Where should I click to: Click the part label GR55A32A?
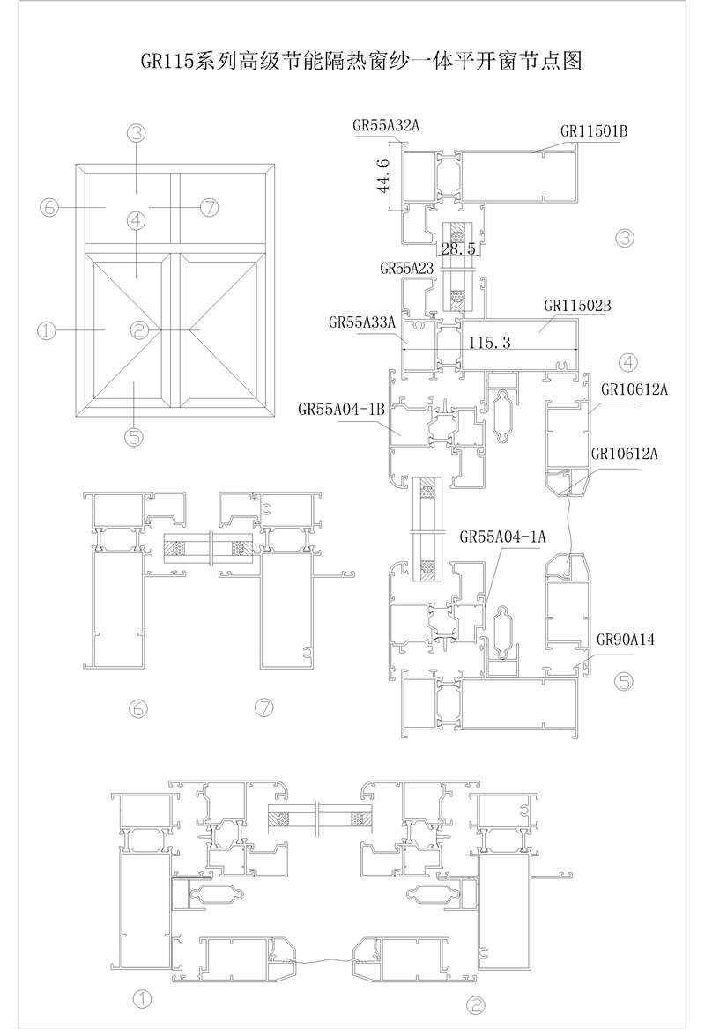[386, 126]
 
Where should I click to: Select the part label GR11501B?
[594, 131]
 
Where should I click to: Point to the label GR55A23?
[407, 266]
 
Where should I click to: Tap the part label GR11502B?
[578, 306]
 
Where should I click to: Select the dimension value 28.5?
[458, 249]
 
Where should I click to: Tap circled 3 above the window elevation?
[136, 133]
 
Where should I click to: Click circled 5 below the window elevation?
[134, 434]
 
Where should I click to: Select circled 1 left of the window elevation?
[47, 330]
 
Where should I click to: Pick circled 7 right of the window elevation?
[209, 208]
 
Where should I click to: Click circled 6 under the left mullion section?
[138, 707]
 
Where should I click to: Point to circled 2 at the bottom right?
[476, 1003]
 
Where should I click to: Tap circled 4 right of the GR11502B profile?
[628, 361]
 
